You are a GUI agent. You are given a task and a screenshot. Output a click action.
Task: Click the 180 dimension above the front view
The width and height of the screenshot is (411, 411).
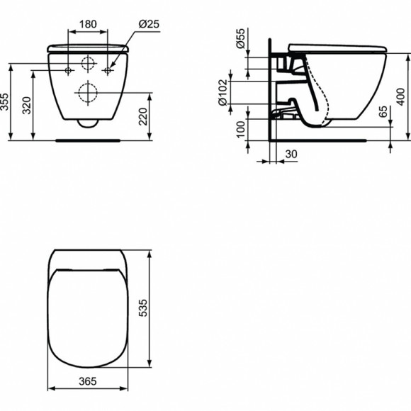click(88, 24)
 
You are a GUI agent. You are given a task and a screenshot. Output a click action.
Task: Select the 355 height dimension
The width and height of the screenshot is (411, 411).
click(6, 102)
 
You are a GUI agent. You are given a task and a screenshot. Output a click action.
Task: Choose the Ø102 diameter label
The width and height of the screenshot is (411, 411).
click(223, 91)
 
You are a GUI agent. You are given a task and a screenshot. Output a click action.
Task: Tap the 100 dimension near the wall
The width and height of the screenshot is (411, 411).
click(240, 130)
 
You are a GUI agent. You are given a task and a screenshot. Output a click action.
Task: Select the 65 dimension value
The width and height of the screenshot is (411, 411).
click(383, 112)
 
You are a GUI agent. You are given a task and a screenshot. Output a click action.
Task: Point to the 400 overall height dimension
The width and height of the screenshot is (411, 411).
click(401, 94)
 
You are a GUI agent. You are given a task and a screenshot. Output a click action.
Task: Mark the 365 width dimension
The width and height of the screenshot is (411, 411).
click(88, 381)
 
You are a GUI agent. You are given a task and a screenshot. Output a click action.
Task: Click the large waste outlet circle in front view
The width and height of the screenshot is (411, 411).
click(87, 93)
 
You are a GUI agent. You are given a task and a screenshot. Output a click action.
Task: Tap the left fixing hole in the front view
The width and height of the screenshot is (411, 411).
click(68, 70)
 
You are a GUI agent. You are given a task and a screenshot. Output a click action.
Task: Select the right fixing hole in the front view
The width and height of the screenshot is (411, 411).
click(108, 70)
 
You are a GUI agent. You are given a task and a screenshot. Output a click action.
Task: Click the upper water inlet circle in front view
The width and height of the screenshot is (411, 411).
click(88, 63)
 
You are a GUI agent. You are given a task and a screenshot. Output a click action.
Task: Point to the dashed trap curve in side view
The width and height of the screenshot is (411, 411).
click(327, 92)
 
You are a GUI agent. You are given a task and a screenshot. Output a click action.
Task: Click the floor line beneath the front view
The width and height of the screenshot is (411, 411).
click(89, 139)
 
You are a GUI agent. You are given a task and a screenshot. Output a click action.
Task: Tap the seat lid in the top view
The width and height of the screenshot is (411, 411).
click(88, 319)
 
